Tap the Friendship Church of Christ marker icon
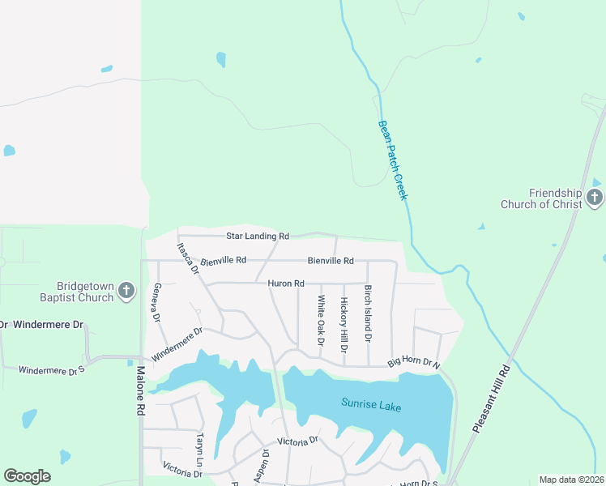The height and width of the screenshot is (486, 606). click(595, 197)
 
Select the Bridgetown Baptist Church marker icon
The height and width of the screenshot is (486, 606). click(126, 290)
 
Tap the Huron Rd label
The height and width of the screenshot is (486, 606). click(287, 283)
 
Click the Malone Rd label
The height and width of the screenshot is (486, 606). click(139, 391)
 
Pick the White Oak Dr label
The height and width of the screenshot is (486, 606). click(321, 321)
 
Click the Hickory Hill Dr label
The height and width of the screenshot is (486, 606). click(344, 325)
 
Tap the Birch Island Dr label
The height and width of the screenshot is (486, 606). click(368, 313)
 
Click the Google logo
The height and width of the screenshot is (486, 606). click(27, 476)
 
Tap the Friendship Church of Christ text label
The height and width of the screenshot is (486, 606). click(555, 198)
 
